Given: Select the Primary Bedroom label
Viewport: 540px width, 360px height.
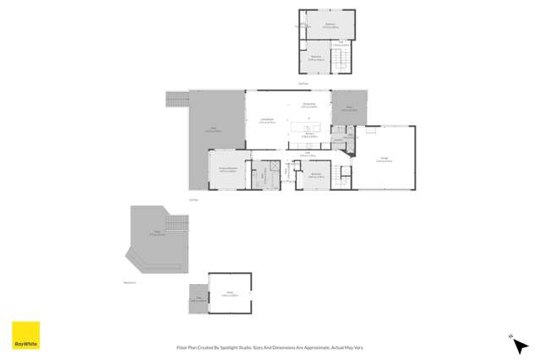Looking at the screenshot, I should (227, 169).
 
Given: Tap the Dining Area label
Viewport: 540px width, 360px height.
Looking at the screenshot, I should (309, 106).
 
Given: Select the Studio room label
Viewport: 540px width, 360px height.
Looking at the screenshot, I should (229, 293).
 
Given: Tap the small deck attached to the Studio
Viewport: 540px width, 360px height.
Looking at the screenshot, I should (198, 298).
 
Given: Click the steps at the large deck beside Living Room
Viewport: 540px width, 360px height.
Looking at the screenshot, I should (177, 101).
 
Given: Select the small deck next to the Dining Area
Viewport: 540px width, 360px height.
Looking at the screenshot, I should (347, 108).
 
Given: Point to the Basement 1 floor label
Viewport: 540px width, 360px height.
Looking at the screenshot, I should (129, 282).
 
